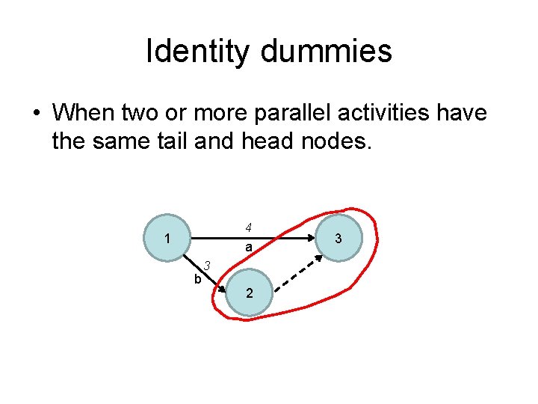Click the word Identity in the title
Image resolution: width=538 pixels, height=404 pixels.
pos(200,52)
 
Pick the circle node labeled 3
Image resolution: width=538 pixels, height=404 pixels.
pos(338,239)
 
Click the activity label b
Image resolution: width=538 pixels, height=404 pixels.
pos(197,279)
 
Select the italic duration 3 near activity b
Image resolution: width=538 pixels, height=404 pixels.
pos(208,265)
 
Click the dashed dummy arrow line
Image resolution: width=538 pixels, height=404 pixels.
pos(297,275)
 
